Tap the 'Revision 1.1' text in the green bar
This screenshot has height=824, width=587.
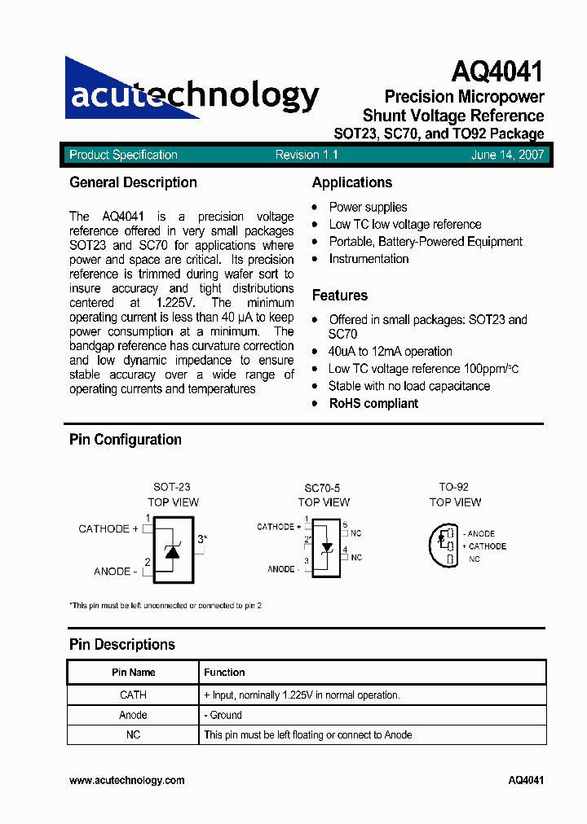click(307, 155)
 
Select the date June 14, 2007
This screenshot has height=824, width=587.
click(507, 155)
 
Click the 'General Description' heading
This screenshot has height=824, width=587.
click(133, 182)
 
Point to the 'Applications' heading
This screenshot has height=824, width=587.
click(352, 182)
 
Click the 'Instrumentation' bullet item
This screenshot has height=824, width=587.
click(369, 259)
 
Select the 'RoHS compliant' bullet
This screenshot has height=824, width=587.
click(373, 403)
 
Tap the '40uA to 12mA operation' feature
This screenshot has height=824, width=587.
click(391, 351)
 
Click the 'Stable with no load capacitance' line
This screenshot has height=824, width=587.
click(409, 386)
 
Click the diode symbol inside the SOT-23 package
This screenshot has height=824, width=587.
click(171, 551)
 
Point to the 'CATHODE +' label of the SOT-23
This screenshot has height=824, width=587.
click(108, 528)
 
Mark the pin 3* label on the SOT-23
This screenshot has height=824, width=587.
click(201, 539)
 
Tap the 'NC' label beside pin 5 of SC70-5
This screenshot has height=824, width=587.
click(356, 533)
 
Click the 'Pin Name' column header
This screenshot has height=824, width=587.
click(133, 673)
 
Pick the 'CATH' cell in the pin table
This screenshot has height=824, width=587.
click(133, 695)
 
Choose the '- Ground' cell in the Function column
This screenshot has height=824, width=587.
click(223, 715)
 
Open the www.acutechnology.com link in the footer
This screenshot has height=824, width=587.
click(126, 780)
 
